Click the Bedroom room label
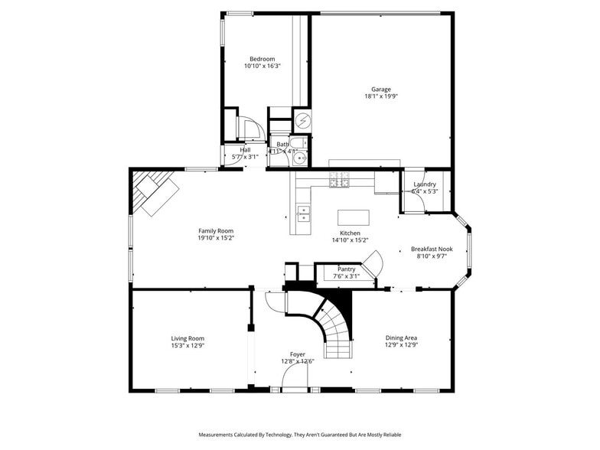point(262,59)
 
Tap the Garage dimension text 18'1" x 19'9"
point(380,96)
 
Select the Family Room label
point(216,230)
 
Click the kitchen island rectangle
point(353,217)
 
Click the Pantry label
point(346,269)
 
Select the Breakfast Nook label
point(432,249)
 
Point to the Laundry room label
point(425,184)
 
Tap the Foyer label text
point(297,354)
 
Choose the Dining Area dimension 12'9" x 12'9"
point(401,345)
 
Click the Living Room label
point(187,338)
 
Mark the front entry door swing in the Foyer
point(294,376)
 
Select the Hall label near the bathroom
point(245,150)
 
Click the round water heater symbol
point(302,122)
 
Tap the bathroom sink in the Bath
point(302,159)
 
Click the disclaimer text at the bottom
point(300,435)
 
